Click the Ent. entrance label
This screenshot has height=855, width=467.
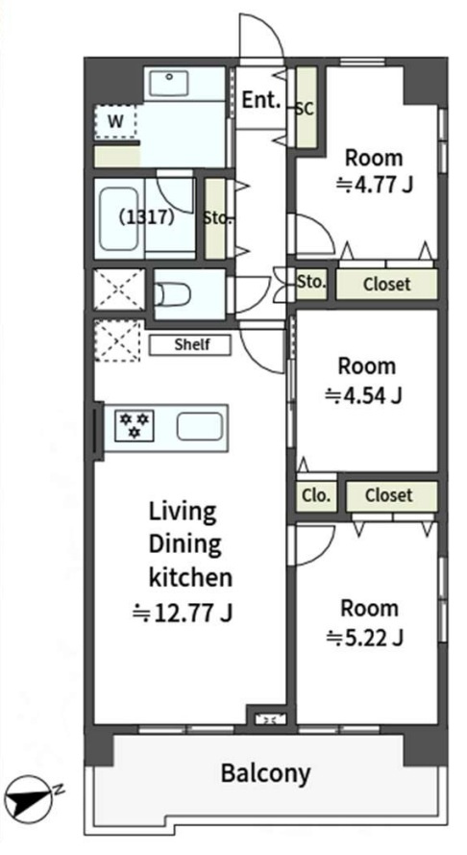pos(261,100)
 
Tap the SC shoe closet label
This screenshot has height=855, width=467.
pos(306,109)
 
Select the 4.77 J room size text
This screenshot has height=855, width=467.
pos(374,185)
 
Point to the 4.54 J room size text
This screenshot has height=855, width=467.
pos(363,394)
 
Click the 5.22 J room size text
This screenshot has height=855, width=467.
pos(364,637)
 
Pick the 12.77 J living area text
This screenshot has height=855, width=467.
pos(184,613)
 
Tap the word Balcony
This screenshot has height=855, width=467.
pos(266,772)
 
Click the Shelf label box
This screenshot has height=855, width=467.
pos(190,345)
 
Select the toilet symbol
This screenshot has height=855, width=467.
pos(173,295)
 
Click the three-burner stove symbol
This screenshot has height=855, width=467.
pos(135,426)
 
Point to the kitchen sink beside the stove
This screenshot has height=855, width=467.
pos(200,426)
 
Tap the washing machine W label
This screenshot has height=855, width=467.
pos(115,121)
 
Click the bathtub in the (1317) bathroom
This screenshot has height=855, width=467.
pos(118,219)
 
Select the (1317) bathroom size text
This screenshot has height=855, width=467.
pos(147,217)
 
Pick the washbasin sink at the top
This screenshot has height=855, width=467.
pos(169,84)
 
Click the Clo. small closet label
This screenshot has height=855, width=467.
pos(316,495)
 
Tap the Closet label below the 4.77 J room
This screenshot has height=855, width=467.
pos(387,284)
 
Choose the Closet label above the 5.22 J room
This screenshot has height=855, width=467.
pos(389,495)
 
